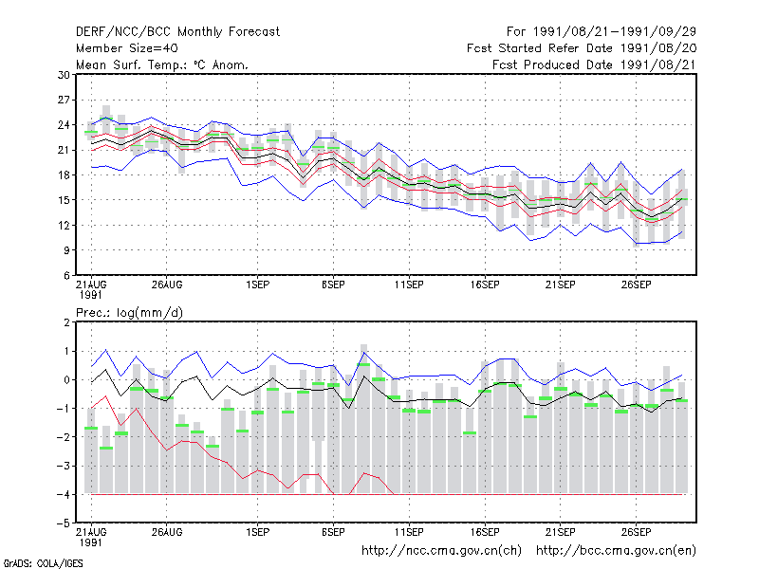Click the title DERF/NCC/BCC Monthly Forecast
coord(177,32)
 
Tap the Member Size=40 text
coord(127,48)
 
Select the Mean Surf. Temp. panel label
coord(161,64)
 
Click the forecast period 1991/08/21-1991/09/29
coord(602,32)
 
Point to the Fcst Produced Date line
coord(595,64)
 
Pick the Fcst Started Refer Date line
coord(582,48)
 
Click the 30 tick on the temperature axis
coord(64,75)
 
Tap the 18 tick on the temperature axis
coord(64,175)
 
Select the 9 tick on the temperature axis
coord(66,250)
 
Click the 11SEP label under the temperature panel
coord(409,284)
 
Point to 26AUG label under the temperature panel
coord(167,284)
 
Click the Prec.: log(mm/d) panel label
coord(129,313)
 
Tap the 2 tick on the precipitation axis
coord(66,322)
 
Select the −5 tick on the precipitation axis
coord(64,523)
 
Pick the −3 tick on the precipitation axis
coord(64,466)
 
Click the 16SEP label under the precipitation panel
coord(485,532)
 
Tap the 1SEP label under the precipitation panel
coord(257,532)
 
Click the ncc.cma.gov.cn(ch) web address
coord(441,551)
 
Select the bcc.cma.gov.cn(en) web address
coord(616,551)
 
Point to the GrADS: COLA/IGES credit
coord(43,563)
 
